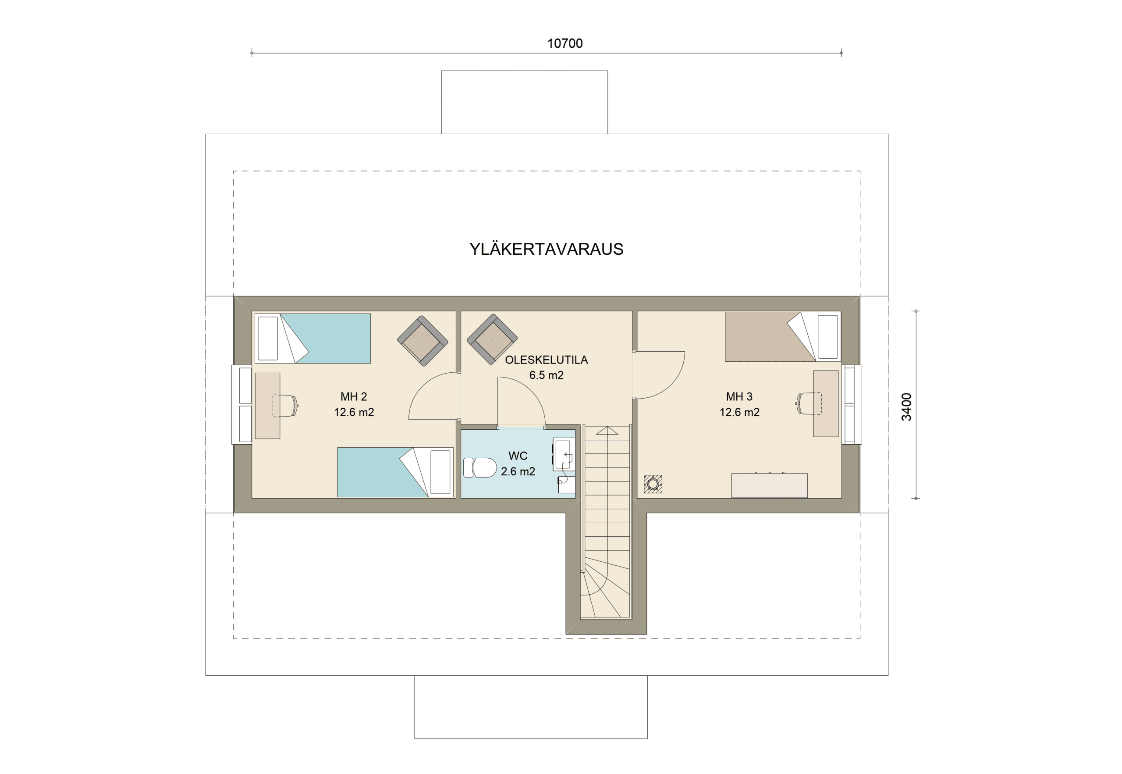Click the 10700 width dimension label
tap(565, 44)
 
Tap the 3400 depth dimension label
tap(906, 407)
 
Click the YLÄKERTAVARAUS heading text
tap(546, 249)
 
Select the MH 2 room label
tap(354, 397)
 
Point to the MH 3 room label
tap(739, 397)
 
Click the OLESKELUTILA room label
tap(546, 360)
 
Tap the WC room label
tap(518, 456)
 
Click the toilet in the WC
tap(480, 467)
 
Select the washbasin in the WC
tap(564, 454)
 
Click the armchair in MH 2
tap(422, 341)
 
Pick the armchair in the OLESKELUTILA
tap(492, 339)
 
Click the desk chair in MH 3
tap(809, 403)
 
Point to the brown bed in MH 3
tap(783, 336)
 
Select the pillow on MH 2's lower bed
tap(440, 472)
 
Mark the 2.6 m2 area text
tap(518, 471)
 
